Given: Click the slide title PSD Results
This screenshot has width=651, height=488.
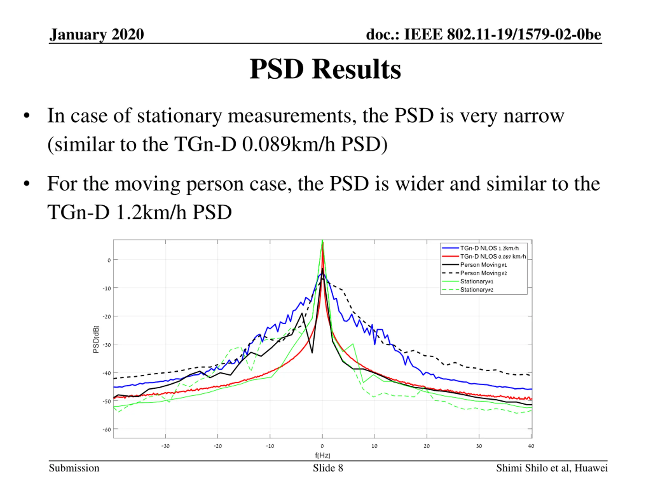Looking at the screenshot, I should (x=325, y=69).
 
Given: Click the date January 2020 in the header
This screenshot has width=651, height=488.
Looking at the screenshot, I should (x=97, y=34).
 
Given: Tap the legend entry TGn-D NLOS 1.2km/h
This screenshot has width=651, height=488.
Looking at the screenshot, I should (x=489, y=248).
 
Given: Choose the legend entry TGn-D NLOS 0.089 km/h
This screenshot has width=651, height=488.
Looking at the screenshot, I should (x=493, y=256).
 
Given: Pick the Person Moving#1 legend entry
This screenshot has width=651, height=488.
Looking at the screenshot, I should (x=483, y=265).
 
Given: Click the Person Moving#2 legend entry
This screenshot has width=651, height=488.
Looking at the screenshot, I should (x=483, y=273).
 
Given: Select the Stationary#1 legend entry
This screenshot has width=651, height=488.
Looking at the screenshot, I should (x=477, y=282).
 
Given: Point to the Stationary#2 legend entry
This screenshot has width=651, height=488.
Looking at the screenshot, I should (x=477, y=290).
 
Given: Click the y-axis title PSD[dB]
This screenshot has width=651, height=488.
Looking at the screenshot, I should (x=96, y=340).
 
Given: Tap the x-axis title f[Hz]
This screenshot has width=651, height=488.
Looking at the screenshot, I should (x=322, y=455).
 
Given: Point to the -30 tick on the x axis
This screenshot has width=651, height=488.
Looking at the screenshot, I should (x=165, y=446).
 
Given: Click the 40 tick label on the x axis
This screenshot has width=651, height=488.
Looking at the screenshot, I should (x=531, y=446).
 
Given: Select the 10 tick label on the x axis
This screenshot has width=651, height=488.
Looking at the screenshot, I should (x=374, y=446).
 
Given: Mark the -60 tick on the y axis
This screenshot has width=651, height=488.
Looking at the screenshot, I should (x=107, y=430).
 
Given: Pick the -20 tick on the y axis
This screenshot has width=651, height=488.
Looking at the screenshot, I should (x=107, y=317).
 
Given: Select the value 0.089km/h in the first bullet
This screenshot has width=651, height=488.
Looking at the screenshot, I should (x=288, y=145).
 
